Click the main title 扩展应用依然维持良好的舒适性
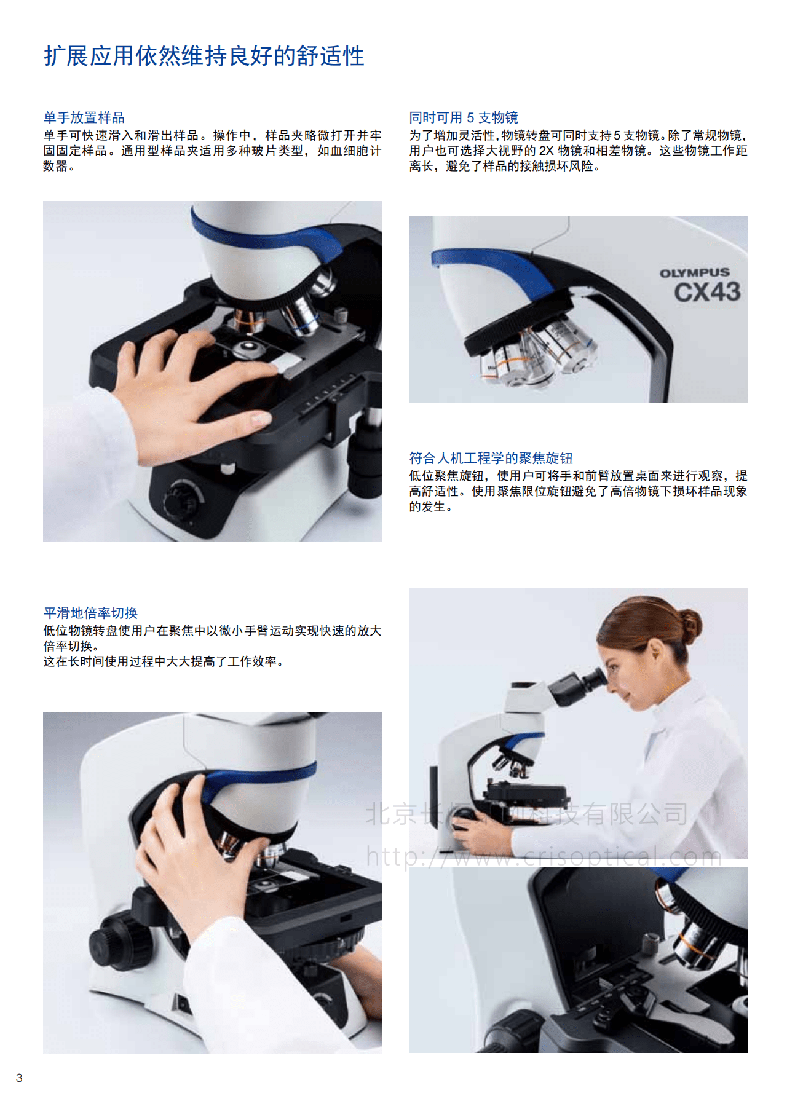point(204,56)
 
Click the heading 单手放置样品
point(84,117)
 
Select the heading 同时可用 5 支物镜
point(464,117)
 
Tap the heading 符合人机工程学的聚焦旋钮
point(491,458)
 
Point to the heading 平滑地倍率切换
point(90,613)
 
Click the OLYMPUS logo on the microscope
point(695,272)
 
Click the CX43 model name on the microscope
point(707,292)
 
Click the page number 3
point(19,1078)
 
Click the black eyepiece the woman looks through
point(578,687)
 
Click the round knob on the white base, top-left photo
point(183,499)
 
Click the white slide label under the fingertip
point(287,363)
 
